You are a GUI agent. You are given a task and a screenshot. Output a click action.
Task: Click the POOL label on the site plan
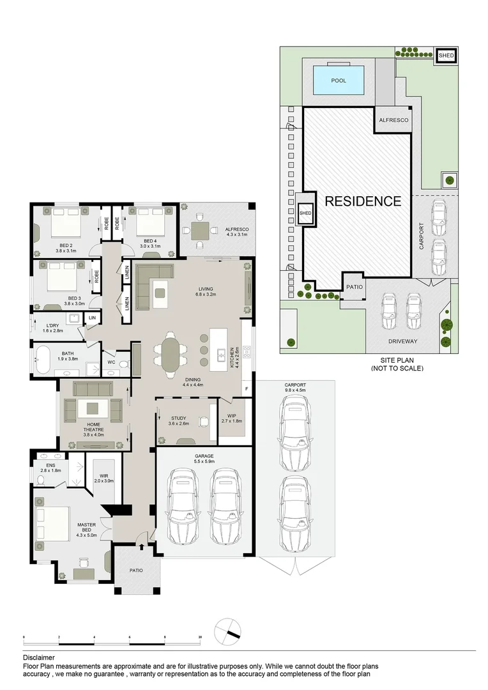pos(339,80)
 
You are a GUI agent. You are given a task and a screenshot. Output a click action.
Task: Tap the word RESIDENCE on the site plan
pos(363,201)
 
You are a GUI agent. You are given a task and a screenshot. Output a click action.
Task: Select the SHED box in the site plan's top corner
pos(446,56)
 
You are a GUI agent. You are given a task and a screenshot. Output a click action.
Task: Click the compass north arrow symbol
pos(227,631)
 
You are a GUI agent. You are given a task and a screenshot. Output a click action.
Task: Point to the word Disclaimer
pos(39,658)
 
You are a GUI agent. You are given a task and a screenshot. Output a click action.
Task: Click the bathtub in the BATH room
pos(44,360)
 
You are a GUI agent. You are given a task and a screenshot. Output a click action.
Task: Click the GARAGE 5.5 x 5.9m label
pos(204,459)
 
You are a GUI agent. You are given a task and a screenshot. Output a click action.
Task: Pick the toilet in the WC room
pos(125,364)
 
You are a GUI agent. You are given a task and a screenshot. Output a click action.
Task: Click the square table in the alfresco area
pos(200,230)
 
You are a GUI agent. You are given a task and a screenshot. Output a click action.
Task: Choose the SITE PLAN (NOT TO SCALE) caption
pos(397,365)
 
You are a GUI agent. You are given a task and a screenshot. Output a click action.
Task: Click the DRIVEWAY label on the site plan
pos(402,341)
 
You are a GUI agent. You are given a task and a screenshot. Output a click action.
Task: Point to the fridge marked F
pos(247,389)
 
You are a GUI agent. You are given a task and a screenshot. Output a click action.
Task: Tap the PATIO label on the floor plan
pos(136,571)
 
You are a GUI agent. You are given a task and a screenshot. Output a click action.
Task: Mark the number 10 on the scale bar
pos(200,637)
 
